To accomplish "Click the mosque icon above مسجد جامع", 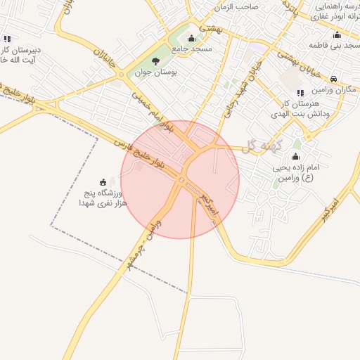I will pos(191,38).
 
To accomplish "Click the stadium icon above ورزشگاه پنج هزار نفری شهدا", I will pos(104,182).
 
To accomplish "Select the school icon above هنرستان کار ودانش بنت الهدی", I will pos(300,92).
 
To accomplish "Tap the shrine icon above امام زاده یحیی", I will pos(295,157).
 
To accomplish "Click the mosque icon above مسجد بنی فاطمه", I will pos(337,35).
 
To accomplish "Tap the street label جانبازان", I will pos(103,56).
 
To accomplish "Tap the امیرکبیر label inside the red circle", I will pos(208,204).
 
